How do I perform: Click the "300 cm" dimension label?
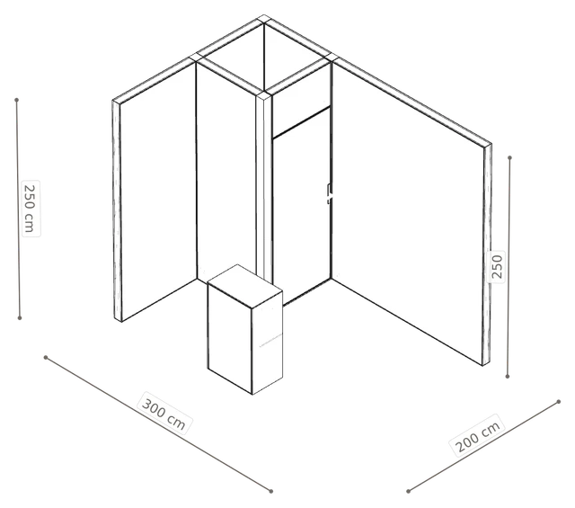point(164,414)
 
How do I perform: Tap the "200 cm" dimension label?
point(477,435)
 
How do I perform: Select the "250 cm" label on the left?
point(31,208)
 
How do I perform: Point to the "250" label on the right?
point(496,266)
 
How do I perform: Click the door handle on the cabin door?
point(330,193)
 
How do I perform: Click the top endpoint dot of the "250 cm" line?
point(16,100)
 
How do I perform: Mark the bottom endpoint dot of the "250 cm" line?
point(20,318)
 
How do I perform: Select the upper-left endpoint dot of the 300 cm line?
point(46,357)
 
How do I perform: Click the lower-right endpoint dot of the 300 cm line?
point(271,491)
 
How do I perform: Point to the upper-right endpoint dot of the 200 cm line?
point(559,402)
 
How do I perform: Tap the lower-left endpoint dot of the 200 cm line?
point(408,491)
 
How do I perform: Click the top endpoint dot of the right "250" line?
point(509,158)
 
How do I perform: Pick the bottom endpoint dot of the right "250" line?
point(508,376)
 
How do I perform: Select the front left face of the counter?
point(230,338)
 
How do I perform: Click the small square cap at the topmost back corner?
point(264,19)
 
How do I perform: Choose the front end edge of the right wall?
point(487,254)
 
